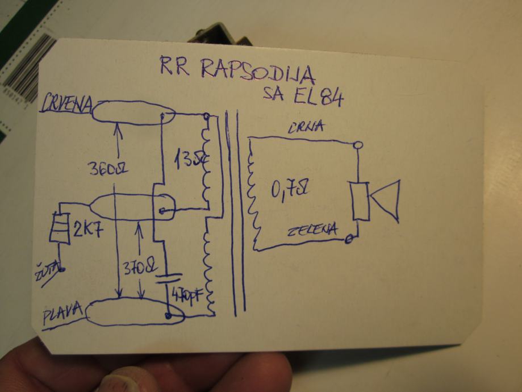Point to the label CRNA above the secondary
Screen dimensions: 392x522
click(305, 127)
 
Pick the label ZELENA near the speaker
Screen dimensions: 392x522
click(312, 230)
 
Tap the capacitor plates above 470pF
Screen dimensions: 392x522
click(167, 280)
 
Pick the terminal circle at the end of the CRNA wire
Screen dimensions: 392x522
click(357, 146)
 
